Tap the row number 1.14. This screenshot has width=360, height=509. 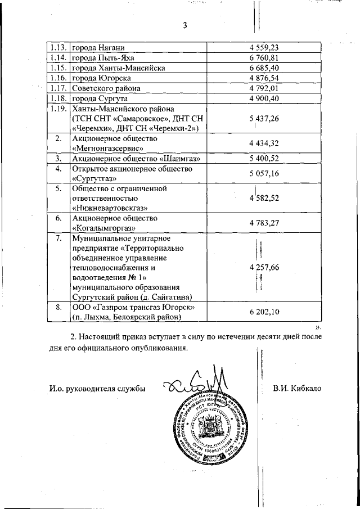coord(57,57)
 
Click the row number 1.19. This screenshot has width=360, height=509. coord(57,109)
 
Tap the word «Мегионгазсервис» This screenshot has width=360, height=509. coord(106,148)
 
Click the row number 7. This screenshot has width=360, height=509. coord(58,238)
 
